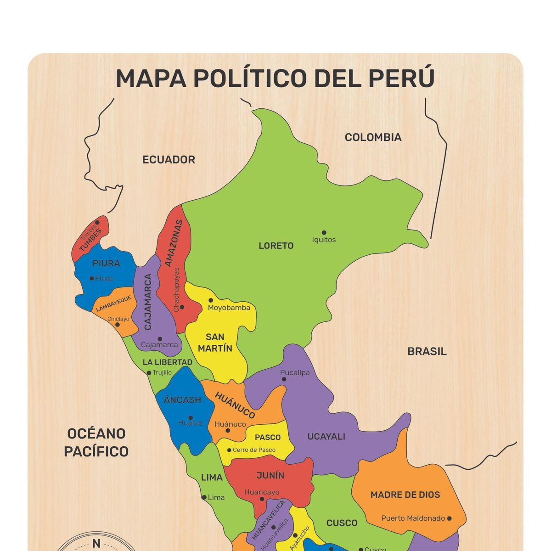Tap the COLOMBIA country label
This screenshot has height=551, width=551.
click(373, 137)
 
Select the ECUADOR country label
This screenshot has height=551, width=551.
click(169, 160)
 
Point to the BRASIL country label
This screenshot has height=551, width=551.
click(427, 352)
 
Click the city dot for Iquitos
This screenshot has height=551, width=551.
click(324, 233)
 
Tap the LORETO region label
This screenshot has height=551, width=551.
click(276, 246)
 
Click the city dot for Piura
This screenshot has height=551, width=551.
click(92, 278)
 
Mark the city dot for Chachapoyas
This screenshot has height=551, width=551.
click(182, 307)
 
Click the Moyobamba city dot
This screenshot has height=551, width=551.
click(211, 300)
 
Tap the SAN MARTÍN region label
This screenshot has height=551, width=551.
click(215, 343)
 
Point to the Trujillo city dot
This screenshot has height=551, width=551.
click(149, 373)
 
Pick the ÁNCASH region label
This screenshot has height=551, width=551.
click(183, 400)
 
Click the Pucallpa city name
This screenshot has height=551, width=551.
click(295, 373)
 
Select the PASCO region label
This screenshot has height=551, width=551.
click(268, 437)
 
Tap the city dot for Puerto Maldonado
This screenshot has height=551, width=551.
click(449, 518)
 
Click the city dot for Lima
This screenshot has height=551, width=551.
click(204, 497)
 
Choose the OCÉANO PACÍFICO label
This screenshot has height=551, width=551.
click(96, 442)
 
